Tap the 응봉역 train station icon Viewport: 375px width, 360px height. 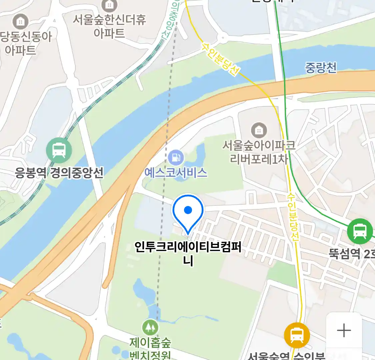59,150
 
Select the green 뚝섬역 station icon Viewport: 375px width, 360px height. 359,231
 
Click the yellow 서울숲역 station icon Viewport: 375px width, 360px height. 297,335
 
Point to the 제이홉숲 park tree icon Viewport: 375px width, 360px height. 150,328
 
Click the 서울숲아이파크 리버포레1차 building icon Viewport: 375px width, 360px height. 259,130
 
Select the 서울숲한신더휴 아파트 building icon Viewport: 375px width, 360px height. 109,5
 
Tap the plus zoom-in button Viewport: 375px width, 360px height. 344,331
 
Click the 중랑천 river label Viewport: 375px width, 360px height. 321,68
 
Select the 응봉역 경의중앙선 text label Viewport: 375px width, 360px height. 59,173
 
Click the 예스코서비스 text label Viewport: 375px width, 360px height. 176,172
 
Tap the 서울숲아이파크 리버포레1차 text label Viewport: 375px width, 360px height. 259,152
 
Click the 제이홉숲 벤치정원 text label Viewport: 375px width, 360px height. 150,348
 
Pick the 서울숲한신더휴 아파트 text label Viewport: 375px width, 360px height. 109,26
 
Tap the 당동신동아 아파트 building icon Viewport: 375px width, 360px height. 20,22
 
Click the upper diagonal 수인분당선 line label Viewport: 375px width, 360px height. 220,59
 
